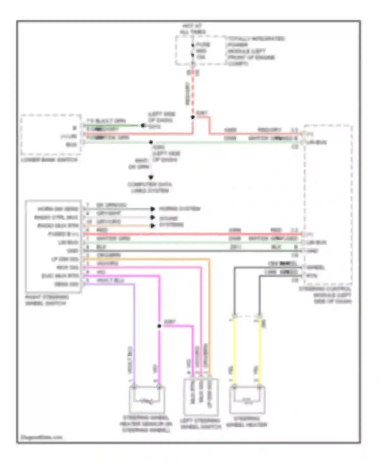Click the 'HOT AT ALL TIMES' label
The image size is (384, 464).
click(x=193, y=29)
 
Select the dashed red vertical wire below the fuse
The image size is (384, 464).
click(x=193, y=95)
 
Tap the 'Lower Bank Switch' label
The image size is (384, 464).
click(x=49, y=160)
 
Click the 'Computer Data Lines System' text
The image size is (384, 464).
click(x=150, y=187)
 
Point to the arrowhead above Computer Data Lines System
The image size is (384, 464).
click(x=151, y=177)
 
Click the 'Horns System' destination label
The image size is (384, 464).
click(x=180, y=209)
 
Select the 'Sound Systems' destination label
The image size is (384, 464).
click(x=171, y=222)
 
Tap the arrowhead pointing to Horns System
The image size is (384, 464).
click(x=153, y=209)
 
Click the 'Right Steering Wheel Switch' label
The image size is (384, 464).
click(x=47, y=300)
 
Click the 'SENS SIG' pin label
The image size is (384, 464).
click(x=66, y=284)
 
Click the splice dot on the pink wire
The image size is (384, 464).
click(x=159, y=326)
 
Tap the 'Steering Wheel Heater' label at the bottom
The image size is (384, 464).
click(x=247, y=422)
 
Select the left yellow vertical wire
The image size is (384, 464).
click(x=234, y=350)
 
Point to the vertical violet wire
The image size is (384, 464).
click(x=134, y=333)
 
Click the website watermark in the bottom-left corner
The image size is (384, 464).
click(x=41, y=437)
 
